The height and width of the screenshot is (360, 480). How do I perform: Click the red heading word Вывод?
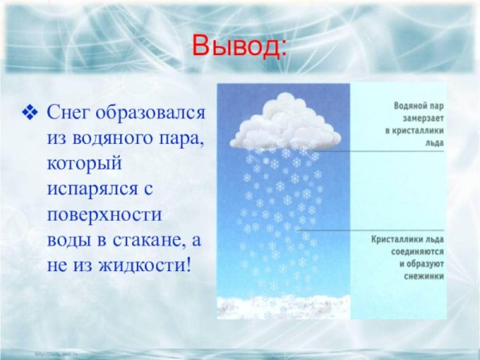coord(238,46)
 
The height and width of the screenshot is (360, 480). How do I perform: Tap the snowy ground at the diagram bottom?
coord(280,308)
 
